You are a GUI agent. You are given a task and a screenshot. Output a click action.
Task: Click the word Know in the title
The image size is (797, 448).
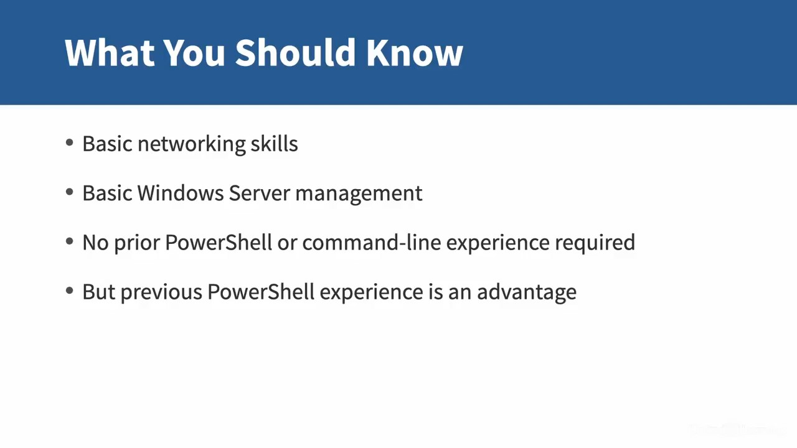tap(415, 53)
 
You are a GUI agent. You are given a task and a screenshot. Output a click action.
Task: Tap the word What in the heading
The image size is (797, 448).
tap(110, 53)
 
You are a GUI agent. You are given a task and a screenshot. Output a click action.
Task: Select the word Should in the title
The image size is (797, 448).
tap(295, 53)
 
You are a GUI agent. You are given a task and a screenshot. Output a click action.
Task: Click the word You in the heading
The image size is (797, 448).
tap(194, 53)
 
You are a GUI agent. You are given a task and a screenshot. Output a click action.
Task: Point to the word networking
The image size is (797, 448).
tap(191, 144)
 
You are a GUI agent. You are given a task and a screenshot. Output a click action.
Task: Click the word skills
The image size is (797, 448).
tap(275, 144)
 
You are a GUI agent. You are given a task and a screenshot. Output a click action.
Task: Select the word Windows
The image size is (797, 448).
tap(181, 193)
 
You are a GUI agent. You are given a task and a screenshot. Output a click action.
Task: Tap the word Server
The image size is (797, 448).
tap(260, 193)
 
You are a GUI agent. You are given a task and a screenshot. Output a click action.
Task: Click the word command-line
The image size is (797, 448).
tap(372, 243)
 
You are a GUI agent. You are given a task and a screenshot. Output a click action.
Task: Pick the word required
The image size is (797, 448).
tap(595, 243)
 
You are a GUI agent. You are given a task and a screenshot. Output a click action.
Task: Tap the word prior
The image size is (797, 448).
tap(137, 243)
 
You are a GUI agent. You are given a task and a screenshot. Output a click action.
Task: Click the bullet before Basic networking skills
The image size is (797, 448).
tap(69, 143)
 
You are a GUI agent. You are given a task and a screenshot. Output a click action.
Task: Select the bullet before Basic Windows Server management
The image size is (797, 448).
tap(69, 192)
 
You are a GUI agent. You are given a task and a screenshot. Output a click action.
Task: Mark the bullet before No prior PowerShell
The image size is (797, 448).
tap(69, 242)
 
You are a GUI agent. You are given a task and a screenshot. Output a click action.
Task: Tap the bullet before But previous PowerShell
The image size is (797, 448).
tap(69, 291)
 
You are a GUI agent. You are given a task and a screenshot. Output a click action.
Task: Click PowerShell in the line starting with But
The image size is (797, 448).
tap(261, 292)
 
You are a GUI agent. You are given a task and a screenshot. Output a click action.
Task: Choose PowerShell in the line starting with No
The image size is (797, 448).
tap(219, 243)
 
